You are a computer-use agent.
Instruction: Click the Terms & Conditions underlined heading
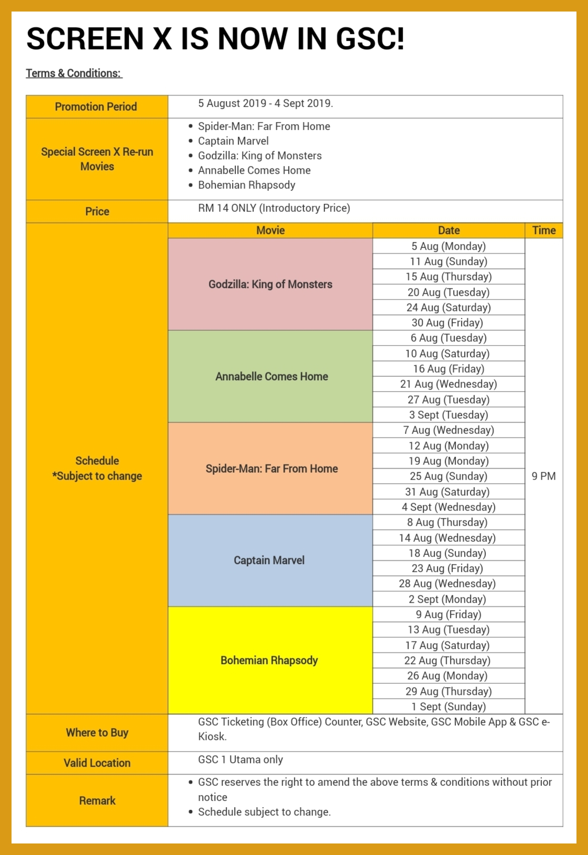74,73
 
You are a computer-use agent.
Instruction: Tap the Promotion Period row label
96,107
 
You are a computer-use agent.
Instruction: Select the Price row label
97,211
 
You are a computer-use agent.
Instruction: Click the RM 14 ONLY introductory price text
274,208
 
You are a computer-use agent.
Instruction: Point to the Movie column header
270,231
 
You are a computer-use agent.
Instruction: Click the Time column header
543,231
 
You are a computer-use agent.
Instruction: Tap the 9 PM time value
543,476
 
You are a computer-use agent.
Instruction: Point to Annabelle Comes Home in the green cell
271,376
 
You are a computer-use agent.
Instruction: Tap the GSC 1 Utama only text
240,760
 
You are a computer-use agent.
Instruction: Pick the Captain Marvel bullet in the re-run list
233,141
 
